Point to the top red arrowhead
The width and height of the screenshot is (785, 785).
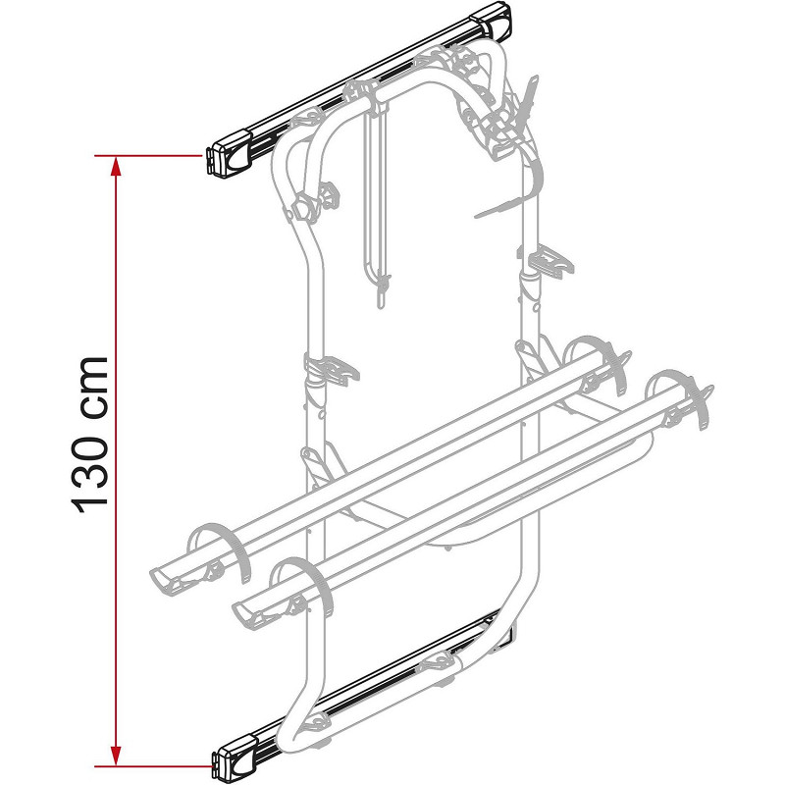pos(116,166)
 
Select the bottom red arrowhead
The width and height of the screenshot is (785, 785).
pos(116,756)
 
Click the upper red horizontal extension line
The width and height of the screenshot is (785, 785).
pos(148,156)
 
